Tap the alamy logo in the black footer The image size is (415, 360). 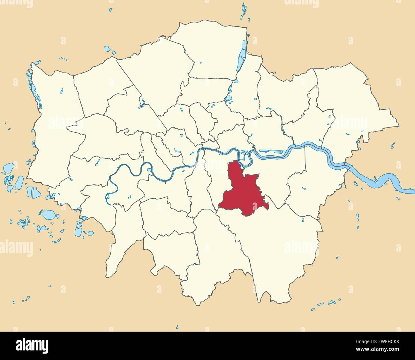pyautogui.click(x=32, y=345)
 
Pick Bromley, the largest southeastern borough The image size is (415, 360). pyautogui.click(x=281, y=246)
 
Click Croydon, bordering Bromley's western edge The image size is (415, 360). pyautogui.click(x=220, y=249)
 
